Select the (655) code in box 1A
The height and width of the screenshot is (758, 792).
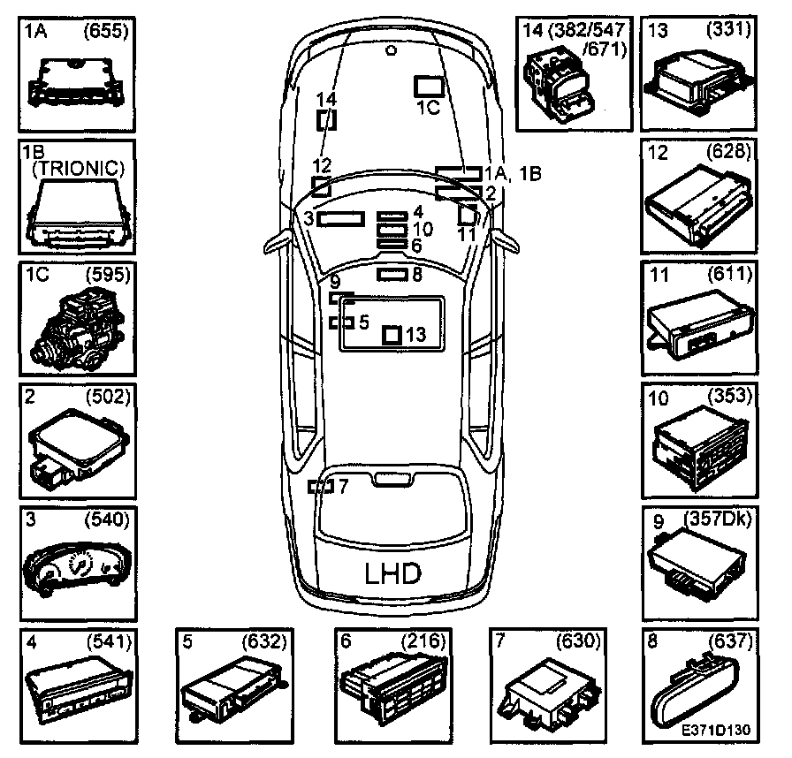tap(106, 32)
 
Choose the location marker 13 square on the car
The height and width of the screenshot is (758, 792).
tap(392, 335)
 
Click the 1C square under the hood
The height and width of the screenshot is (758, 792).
tap(430, 86)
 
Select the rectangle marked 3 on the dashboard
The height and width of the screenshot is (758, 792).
tap(341, 219)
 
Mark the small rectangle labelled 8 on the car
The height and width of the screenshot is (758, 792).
tap(390, 275)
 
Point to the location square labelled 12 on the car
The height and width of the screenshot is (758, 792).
tap(322, 186)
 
